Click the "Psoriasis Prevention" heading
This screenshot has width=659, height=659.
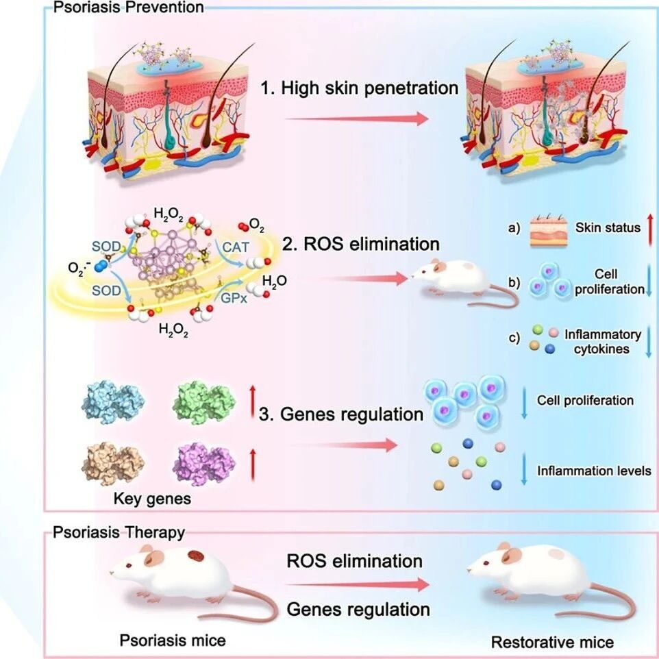pyautogui.click(x=128, y=7)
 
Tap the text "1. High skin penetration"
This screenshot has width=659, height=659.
pyautogui.click(x=360, y=88)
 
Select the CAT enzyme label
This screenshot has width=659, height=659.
pyautogui.click(x=236, y=247)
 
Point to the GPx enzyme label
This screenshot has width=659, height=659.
pyautogui.click(x=234, y=297)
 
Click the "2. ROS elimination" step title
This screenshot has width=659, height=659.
pyautogui.click(x=360, y=244)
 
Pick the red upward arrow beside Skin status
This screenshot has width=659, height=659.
pyautogui.click(x=650, y=229)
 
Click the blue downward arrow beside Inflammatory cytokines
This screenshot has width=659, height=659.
pyautogui.click(x=649, y=341)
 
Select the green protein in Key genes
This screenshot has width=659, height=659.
pyautogui.click(x=204, y=402)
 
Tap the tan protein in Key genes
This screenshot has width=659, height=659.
pyautogui.click(x=113, y=464)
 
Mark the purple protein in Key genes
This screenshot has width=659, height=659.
pyautogui.click(x=204, y=464)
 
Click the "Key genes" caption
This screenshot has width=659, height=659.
pyautogui.click(x=152, y=499)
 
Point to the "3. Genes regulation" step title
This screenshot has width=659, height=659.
pyautogui.click(x=341, y=414)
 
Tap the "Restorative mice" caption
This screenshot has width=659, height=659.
pyautogui.click(x=552, y=642)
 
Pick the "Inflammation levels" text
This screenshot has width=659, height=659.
pyautogui.click(x=594, y=471)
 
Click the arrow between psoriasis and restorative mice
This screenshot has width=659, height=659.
pyautogui.click(x=357, y=584)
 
